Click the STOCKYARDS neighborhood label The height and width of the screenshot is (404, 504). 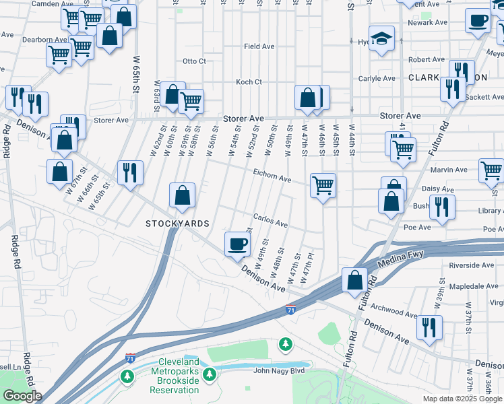(177, 224)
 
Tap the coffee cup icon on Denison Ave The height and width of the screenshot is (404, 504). (237, 244)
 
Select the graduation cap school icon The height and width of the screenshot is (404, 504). (381, 40)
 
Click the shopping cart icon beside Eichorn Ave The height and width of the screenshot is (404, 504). (323, 184)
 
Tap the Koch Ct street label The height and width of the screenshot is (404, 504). (249, 82)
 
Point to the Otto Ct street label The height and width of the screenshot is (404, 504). (194, 61)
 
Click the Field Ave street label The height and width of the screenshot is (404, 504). (259, 46)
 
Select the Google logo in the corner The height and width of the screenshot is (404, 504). (22, 396)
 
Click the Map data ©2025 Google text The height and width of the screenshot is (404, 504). (462, 399)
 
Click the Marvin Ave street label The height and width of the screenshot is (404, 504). (452, 170)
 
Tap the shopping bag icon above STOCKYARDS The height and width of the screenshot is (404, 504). (182, 196)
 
